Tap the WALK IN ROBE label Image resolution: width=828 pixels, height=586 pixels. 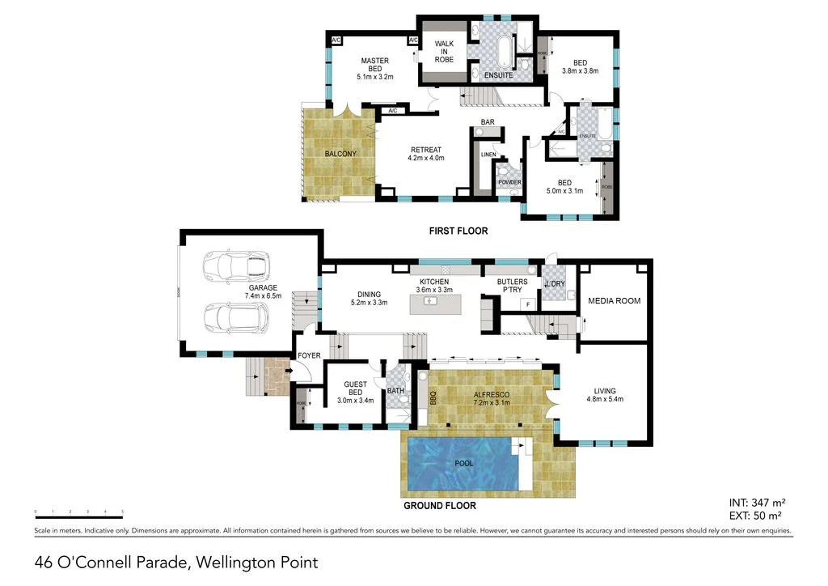(x=444, y=51)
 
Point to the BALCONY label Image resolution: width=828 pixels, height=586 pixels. (x=340, y=154)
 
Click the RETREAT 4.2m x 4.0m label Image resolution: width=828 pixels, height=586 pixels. (x=425, y=154)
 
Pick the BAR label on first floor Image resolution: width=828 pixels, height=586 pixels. (x=488, y=122)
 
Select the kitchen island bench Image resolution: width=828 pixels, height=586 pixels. (x=441, y=304)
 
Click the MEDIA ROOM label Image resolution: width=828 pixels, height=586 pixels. (x=614, y=300)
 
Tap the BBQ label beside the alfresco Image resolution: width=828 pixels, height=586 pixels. (x=433, y=398)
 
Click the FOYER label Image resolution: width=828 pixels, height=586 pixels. (x=309, y=355)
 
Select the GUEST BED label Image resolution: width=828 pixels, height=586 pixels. (x=356, y=389)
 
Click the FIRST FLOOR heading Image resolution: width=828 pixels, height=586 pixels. (x=458, y=231)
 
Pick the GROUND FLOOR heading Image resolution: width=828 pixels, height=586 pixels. (x=439, y=506)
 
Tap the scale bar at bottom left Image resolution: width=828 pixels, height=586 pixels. (x=78, y=512)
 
